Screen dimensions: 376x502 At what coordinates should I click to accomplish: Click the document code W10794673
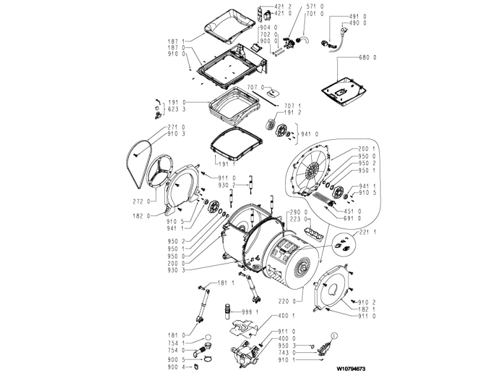click(351, 369)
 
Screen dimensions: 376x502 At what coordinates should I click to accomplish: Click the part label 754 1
click(177, 343)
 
